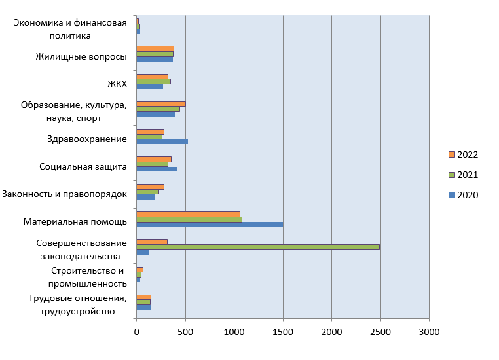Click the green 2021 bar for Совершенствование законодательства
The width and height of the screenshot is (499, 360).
click(x=258, y=247)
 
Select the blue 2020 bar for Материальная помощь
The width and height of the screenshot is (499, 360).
click(x=210, y=224)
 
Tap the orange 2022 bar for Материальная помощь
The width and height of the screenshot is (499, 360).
click(x=188, y=214)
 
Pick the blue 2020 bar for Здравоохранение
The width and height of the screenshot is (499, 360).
click(x=162, y=141)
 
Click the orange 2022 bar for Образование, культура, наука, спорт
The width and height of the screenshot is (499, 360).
click(x=161, y=103)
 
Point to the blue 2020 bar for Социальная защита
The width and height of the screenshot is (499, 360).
click(x=157, y=169)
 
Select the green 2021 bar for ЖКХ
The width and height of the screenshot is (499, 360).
click(x=153, y=81)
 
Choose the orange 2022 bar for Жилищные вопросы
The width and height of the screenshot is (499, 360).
click(x=155, y=48)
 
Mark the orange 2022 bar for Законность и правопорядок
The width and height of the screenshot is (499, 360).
click(x=150, y=187)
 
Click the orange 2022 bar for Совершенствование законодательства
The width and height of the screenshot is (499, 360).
click(x=152, y=242)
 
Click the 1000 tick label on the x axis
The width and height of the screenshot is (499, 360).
click(x=234, y=332)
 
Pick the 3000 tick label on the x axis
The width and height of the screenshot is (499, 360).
click(x=429, y=332)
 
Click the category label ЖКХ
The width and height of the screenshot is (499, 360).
click(x=117, y=84)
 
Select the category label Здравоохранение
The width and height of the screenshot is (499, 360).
click(x=87, y=139)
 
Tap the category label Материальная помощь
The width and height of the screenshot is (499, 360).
click(x=75, y=221)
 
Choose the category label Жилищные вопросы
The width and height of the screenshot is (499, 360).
click(x=81, y=56)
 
